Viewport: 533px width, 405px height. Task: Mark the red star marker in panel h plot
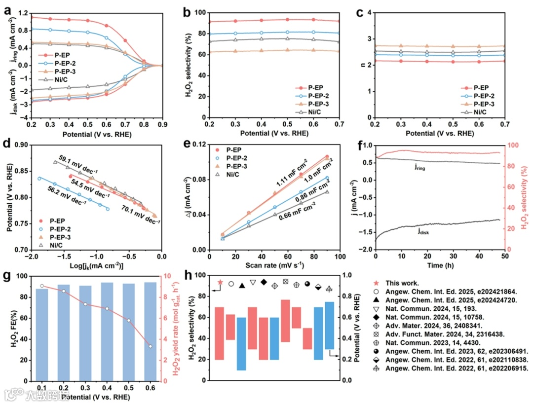pos(220,283)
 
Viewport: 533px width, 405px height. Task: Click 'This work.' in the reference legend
pos(403,283)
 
